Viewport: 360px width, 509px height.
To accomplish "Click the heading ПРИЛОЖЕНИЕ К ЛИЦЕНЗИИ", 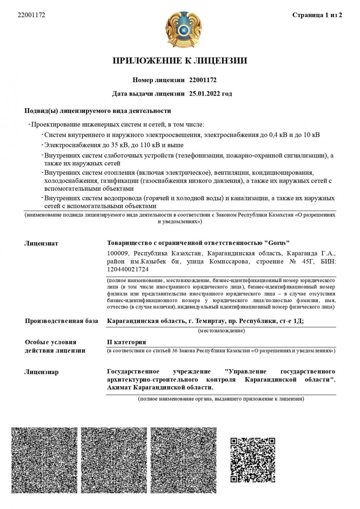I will [x=180, y=61].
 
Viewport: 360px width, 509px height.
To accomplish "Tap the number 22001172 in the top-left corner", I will [x=31, y=15].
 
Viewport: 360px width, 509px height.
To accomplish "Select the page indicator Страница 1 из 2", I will [x=317, y=15].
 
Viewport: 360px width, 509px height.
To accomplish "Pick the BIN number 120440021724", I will [x=128, y=269].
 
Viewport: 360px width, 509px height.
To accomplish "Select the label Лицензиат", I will [x=41, y=243].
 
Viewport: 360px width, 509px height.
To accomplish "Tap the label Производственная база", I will [x=61, y=321].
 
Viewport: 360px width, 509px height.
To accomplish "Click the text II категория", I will [x=126, y=342].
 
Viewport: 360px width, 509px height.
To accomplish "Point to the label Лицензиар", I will [x=41, y=372].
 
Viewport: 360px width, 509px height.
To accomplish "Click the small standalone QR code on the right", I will [x=253, y=460].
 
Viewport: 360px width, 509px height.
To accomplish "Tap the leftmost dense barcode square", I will [x=44, y=460].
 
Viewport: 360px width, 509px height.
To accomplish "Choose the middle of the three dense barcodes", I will [x=114, y=460].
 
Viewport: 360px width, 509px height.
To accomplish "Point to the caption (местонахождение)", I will [x=221, y=331].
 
